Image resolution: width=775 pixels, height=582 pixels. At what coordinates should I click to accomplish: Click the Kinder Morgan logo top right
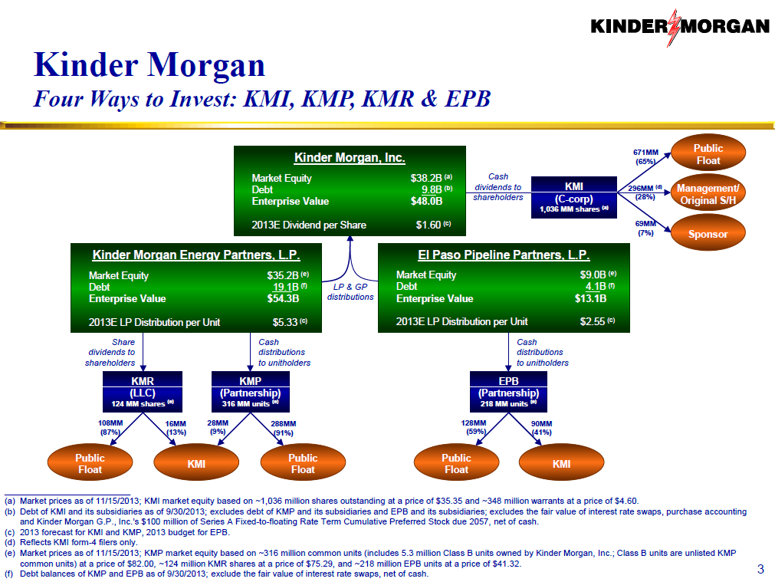click(x=679, y=27)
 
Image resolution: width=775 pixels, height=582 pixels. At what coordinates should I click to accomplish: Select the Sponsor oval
click(x=708, y=234)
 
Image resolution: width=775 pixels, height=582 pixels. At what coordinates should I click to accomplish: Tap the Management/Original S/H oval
click(x=708, y=194)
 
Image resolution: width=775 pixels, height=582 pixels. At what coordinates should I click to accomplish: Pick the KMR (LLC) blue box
click(x=143, y=391)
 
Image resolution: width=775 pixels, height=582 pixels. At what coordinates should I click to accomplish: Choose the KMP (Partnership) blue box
click(x=250, y=391)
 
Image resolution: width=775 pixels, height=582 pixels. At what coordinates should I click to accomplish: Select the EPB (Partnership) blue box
click(x=508, y=391)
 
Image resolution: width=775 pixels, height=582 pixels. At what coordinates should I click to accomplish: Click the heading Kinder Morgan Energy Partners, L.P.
click(x=195, y=255)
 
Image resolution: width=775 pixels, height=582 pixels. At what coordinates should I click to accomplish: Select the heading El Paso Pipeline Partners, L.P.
click(x=504, y=255)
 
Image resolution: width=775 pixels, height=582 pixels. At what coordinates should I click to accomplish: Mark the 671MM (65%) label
click(x=644, y=156)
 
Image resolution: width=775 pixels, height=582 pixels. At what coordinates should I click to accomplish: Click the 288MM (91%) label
click(x=284, y=427)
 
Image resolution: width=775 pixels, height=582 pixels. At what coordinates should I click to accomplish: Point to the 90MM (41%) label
click(x=541, y=427)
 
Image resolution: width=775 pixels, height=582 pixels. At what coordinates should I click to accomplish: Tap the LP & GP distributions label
click(x=350, y=291)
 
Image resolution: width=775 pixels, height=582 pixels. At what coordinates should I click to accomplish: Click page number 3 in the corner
click(x=760, y=568)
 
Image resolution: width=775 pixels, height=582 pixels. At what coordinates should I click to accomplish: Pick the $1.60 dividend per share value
click(x=428, y=225)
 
